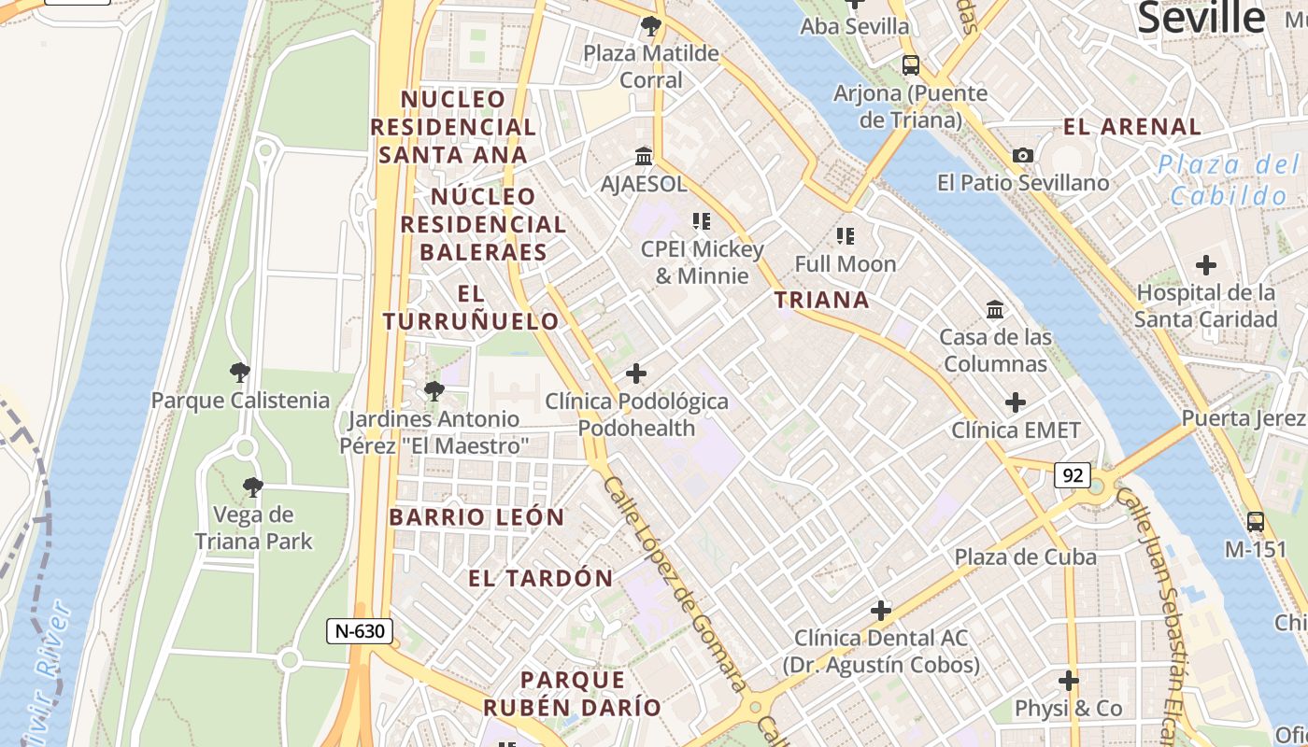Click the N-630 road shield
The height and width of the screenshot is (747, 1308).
pyautogui.click(x=360, y=631)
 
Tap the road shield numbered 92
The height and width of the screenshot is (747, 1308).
pyautogui.click(x=1073, y=475)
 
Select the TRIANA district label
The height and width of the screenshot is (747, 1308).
pyautogui.click(x=822, y=300)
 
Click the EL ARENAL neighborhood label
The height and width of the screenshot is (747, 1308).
pyautogui.click(x=1132, y=127)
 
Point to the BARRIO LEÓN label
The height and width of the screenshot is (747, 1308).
pyautogui.click(x=476, y=517)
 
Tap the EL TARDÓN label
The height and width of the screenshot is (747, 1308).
pyautogui.click(x=541, y=578)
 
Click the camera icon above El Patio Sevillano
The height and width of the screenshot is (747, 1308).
pyautogui.click(x=1023, y=155)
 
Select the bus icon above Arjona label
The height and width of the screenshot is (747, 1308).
pyautogui.click(x=910, y=65)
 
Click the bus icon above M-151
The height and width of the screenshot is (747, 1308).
pyautogui.click(x=1256, y=522)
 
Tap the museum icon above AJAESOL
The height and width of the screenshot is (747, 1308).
pyautogui.click(x=644, y=156)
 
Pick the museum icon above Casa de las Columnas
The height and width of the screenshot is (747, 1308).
pyautogui.click(x=995, y=309)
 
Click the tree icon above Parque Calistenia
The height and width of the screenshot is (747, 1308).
pyautogui.click(x=240, y=373)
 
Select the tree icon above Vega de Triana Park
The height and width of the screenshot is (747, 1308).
pyautogui.click(x=252, y=486)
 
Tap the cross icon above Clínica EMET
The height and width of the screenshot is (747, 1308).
pyautogui.click(x=1016, y=402)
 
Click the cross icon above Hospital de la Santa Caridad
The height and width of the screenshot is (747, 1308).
pyautogui.click(x=1206, y=265)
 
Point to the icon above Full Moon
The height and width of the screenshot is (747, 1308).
pyautogui.click(x=846, y=236)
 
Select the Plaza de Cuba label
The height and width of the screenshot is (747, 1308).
pyautogui.click(x=1025, y=557)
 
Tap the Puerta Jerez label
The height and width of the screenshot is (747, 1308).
pyautogui.click(x=1243, y=418)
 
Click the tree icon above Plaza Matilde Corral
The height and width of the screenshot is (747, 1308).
pyautogui.click(x=651, y=26)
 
